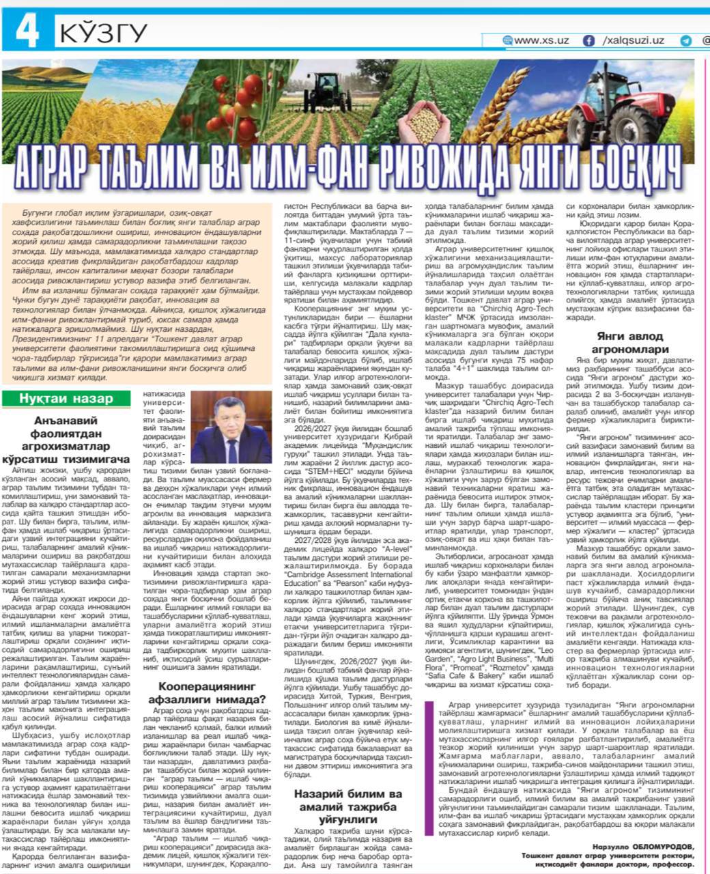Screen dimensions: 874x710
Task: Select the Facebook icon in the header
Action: (588, 41)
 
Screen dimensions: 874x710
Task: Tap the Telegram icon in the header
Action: (685, 41)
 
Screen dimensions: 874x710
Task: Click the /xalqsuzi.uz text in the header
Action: (633, 41)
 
